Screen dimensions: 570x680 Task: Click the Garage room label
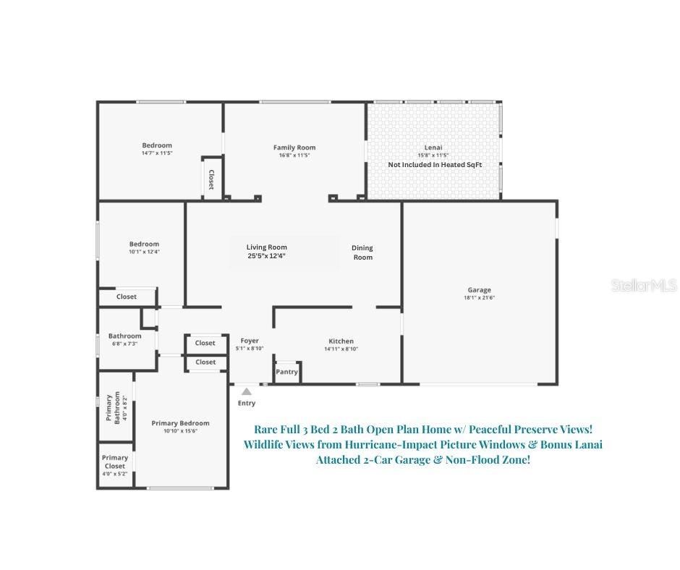479,290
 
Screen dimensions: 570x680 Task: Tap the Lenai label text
433,148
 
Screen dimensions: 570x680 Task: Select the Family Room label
294,148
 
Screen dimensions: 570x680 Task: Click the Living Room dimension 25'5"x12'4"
266,256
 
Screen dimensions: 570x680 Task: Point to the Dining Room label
362,252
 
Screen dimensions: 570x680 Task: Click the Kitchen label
341,341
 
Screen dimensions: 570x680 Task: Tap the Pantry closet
286,372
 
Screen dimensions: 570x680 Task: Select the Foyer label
249,341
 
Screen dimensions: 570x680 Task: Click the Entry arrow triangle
246,392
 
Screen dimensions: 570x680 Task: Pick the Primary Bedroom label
180,423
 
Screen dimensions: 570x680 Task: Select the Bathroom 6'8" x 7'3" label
124,339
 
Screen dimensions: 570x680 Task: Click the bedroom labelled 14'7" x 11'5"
157,148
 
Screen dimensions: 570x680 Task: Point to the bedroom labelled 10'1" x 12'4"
144,247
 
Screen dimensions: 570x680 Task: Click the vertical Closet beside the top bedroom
211,178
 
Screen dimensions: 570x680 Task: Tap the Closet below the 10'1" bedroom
127,297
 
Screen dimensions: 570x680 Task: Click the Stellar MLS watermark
644,286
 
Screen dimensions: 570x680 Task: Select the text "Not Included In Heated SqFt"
435,165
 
